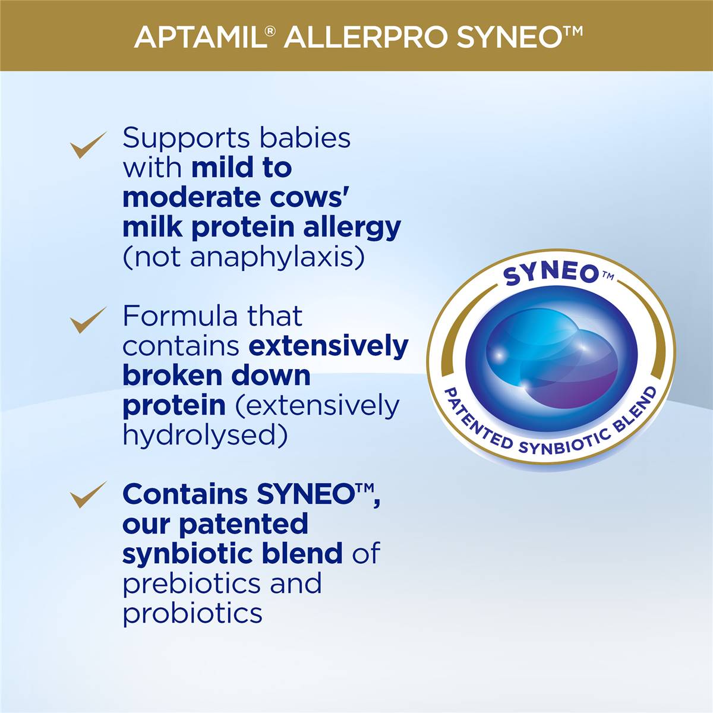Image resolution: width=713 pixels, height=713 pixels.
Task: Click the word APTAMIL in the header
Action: [x=199, y=37]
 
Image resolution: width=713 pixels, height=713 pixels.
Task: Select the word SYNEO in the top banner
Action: [x=508, y=37]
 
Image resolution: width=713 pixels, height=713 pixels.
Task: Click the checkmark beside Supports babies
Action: [x=88, y=144]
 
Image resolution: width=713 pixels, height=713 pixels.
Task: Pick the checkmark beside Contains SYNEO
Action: [x=88, y=495]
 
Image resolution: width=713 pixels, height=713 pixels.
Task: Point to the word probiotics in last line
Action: [x=193, y=613]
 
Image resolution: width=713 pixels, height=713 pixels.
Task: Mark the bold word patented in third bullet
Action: [x=243, y=524]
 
